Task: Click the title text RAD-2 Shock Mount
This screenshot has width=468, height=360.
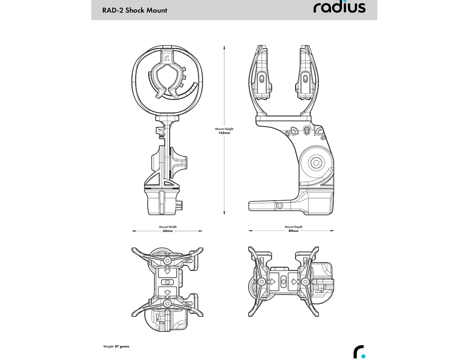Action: coord(135,10)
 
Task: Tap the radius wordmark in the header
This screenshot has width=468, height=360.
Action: coord(339,8)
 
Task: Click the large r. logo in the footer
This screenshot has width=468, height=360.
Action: coord(359,352)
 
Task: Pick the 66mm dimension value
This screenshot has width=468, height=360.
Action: coord(167,231)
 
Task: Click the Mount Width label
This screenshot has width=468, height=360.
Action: coord(167,227)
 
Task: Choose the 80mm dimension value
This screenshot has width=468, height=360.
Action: coord(293,231)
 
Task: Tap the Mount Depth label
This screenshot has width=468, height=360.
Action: coord(293,227)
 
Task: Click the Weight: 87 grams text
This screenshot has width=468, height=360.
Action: coord(116,346)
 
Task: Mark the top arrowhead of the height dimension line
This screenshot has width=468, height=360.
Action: coord(225,46)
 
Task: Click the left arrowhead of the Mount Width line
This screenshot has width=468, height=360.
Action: coord(133,231)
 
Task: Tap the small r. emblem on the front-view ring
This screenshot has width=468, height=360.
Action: coord(167,60)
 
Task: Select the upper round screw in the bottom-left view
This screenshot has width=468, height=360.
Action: coord(167,261)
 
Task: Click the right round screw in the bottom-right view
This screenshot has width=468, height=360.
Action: coord(304,281)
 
